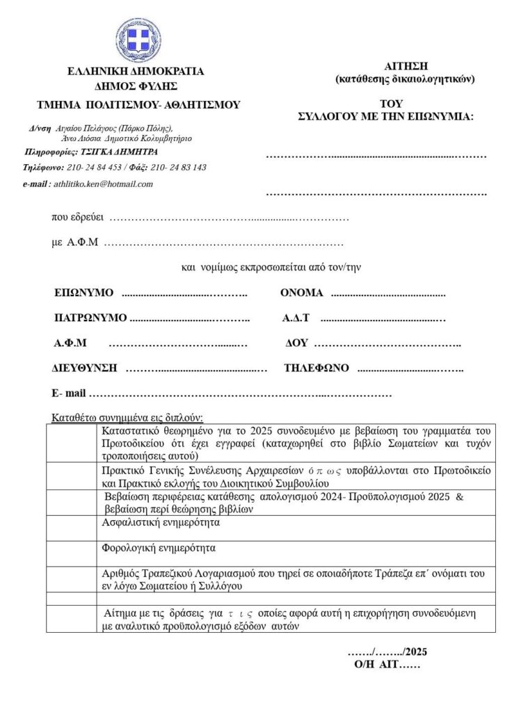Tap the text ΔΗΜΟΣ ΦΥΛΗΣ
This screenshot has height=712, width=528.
[x=136, y=86]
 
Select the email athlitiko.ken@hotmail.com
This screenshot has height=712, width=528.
[x=103, y=184]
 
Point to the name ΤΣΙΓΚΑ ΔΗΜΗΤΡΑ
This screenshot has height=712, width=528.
[x=119, y=152]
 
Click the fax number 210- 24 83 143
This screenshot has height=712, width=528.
[x=178, y=168]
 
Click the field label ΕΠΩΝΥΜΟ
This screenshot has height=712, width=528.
[x=83, y=293]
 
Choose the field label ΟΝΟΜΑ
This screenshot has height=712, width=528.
[x=302, y=293]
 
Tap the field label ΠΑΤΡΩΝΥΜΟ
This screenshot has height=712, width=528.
[x=90, y=318]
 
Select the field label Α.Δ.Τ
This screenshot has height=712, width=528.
[x=296, y=318]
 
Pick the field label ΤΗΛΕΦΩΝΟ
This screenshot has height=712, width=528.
[x=317, y=369]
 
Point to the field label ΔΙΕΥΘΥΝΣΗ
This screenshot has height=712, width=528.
[x=84, y=369]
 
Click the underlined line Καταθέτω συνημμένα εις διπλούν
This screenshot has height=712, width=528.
[x=127, y=418]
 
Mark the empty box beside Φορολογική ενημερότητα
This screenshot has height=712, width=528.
[x=72, y=554]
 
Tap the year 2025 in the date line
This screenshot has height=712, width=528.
[x=415, y=652]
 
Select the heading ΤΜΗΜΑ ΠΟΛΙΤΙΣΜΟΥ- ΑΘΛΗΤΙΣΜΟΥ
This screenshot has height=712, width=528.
[x=138, y=105]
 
